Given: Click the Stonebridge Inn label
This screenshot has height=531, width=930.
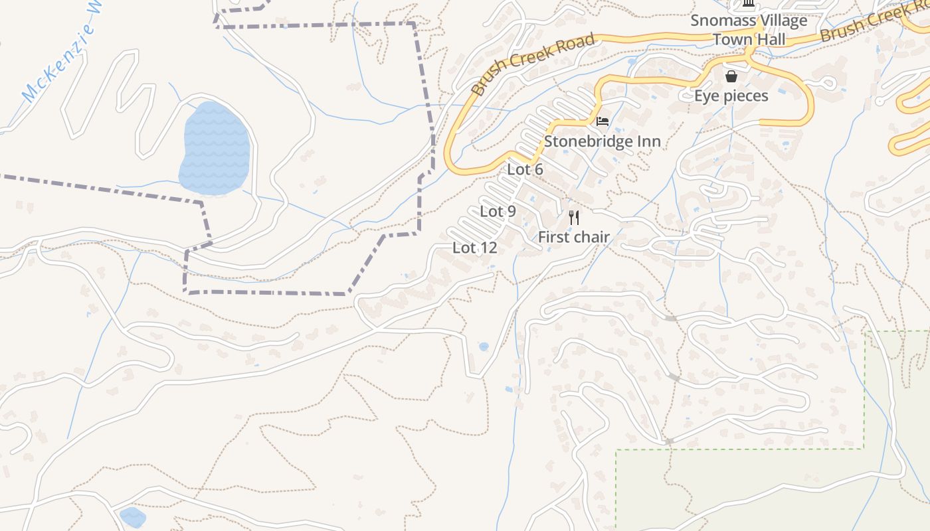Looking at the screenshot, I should tap(602, 141).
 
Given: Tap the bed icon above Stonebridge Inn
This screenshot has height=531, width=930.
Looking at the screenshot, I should tap(602, 121).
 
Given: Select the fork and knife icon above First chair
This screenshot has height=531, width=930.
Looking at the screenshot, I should tap(574, 217).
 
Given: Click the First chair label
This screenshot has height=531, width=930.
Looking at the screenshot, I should tap(573, 237).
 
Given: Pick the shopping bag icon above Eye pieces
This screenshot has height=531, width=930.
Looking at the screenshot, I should tap(731, 76).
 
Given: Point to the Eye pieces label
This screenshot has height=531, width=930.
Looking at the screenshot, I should tap(731, 96).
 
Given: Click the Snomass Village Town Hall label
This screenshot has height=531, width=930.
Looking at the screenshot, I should tap(749, 30).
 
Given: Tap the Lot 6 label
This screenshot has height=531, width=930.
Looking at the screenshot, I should tap(525, 169).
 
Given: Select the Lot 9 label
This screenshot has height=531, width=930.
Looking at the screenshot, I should tap(498, 212).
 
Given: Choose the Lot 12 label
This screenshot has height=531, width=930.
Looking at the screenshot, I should tap(474, 248).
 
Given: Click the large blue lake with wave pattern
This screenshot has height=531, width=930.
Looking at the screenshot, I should tap(214, 149).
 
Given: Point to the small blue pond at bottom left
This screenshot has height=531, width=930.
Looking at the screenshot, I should tap(132, 516).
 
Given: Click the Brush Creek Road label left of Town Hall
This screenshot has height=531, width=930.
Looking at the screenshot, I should tap(533, 64).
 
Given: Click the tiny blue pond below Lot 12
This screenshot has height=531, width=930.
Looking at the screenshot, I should tap(484, 346).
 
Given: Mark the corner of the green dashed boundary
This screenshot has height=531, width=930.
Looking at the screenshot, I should tap(864, 449).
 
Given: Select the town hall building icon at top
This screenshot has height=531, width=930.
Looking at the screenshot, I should tap(749, 5).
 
